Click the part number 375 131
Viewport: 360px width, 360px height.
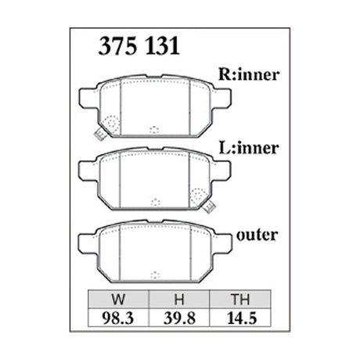click(x=139, y=46)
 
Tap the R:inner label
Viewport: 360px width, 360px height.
click(x=249, y=74)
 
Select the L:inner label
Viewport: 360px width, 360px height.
click(x=249, y=148)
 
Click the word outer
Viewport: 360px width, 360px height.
click(x=257, y=235)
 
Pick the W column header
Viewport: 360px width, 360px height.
click(x=118, y=300)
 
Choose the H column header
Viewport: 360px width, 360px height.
click(x=179, y=300)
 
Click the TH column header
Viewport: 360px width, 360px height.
click(x=240, y=300)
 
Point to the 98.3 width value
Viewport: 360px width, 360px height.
click(x=118, y=319)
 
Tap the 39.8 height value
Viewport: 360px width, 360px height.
click(x=179, y=319)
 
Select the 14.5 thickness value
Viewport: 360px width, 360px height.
click(x=242, y=319)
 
